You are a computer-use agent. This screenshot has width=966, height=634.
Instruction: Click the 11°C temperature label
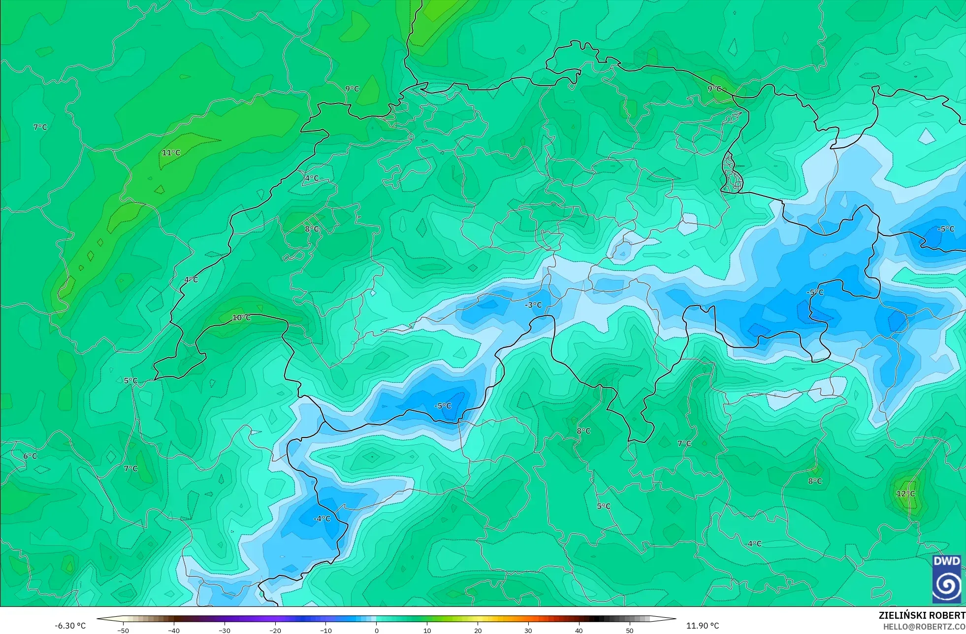(x=171, y=153)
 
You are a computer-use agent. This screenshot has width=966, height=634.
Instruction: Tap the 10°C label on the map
(x=241, y=318)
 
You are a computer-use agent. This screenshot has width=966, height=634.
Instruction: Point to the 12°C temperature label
(x=905, y=494)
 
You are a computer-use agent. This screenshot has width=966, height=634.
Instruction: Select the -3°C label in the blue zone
(x=533, y=305)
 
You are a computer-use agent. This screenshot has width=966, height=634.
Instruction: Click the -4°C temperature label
(x=322, y=519)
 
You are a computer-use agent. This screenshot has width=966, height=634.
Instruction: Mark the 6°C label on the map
(x=30, y=456)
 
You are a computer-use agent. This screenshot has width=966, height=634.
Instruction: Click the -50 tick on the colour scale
(x=123, y=630)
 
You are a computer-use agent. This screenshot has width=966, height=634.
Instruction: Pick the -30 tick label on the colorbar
(x=225, y=630)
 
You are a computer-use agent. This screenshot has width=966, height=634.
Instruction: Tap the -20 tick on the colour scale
(x=275, y=630)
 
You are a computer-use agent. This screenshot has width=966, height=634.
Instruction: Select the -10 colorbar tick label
(x=326, y=630)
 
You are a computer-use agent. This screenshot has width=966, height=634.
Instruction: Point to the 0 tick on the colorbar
(x=377, y=630)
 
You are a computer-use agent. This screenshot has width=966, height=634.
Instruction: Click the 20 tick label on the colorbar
(x=478, y=630)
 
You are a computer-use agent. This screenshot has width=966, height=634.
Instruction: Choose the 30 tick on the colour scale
(x=528, y=630)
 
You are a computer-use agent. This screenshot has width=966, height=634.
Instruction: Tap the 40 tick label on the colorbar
(x=579, y=630)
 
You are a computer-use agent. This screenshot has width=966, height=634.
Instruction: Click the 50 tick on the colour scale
(x=630, y=630)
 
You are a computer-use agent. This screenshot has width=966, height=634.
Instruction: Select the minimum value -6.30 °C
(x=70, y=626)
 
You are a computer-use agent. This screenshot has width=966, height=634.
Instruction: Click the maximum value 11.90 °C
(x=703, y=626)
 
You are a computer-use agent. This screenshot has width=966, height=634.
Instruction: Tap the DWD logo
(x=946, y=579)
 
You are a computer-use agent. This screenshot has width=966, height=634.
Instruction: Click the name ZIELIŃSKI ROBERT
(x=922, y=615)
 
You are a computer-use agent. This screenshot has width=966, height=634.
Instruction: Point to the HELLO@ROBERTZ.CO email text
(x=924, y=627)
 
